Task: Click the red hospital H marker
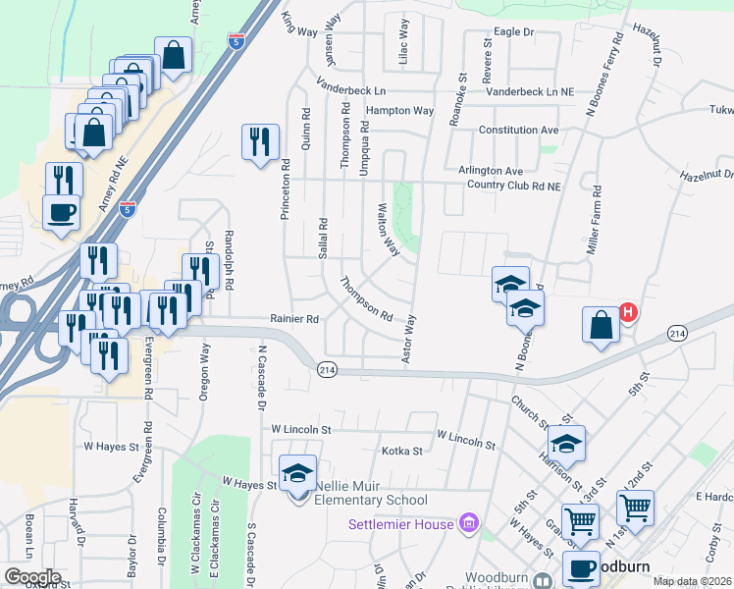point(628,313)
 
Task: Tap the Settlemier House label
point(401,524)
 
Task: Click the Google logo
point(32,577)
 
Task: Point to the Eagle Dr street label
point(513,32)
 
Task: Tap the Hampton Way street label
point(403,111)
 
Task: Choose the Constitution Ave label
point(518,131)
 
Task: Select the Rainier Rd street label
point(295,319)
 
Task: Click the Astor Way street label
point(409,339)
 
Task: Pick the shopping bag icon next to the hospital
point(601,325)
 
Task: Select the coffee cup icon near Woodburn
point(580,567)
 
